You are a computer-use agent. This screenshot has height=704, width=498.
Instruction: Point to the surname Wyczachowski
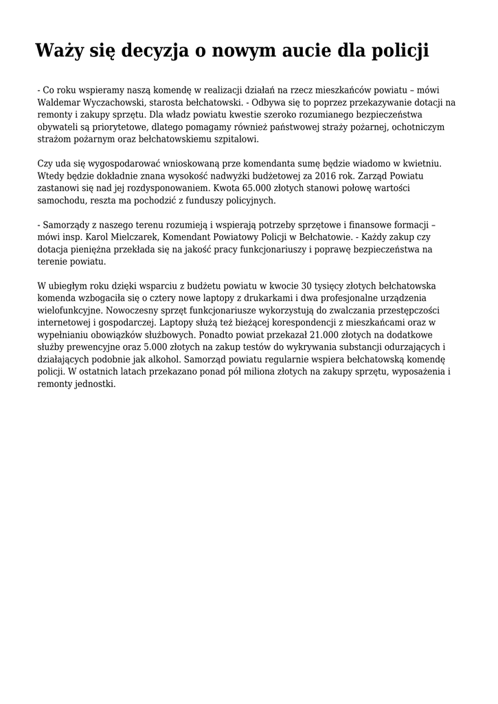click(x=121, y=102)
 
